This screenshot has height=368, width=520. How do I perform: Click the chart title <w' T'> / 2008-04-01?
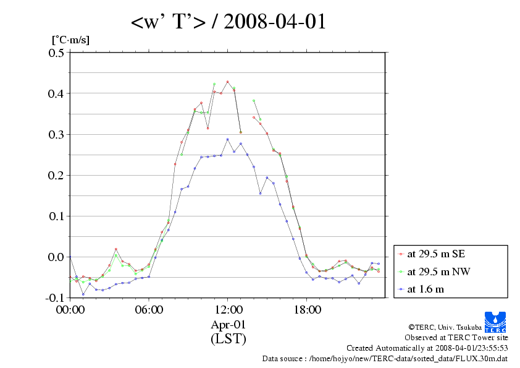(229, 22)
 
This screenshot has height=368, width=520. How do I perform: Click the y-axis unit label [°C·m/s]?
(70, 40)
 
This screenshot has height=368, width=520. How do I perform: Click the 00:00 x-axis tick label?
(70, 309)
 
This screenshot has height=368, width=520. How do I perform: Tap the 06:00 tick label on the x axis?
(149, 309)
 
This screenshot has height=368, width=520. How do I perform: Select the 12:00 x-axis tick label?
(228, 309)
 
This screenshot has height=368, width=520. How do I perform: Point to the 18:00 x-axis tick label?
(307, 309)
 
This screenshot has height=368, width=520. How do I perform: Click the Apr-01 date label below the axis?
(228, 324)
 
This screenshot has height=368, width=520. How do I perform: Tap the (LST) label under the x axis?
(228, 339)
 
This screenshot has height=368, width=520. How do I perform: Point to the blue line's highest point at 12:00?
(227, 139)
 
